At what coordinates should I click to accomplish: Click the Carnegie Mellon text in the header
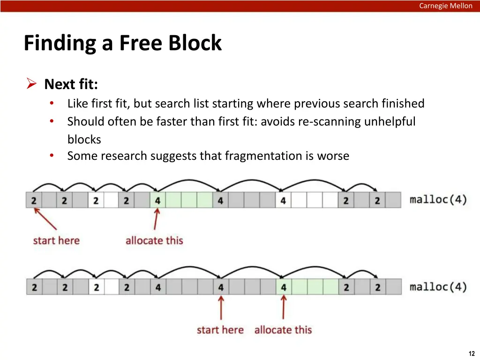pyautogui.click(x=445, y=6)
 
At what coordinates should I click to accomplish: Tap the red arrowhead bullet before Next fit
pyautogui.click(x=31, y=83)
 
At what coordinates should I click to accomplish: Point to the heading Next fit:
pyautogui.click(x=71, y=84)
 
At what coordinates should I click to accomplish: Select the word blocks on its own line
pyautogui.click(x=84, y=140)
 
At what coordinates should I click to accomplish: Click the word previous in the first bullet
pyautogui.click(x=316, y=104)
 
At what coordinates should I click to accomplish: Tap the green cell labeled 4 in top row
pyautogui.click(x=157, y=200)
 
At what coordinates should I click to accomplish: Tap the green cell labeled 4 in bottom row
pyautogui.click(x=284, y=287)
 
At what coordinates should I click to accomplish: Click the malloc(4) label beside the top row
pyautogui.click(x=438, y=200)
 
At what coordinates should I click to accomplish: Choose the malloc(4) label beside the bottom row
pyautogui.click(x=438, y=287)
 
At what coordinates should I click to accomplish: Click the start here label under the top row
pyautogui.click(x=56, y=240)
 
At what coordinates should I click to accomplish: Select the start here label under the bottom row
pyautogui.click(x=220, y=330)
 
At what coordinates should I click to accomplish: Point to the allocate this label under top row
pyautogui.click(x=154, y=240)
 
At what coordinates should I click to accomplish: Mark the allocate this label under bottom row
pyautogui.click(x=283, y=330)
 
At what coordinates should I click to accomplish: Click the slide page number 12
pyautogui.click(x=472, y=353)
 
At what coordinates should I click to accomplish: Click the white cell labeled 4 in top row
pyautogui.click(x=284, y=200)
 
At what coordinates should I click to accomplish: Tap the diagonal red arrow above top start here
pyautogui.click(x=45, y=218)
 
